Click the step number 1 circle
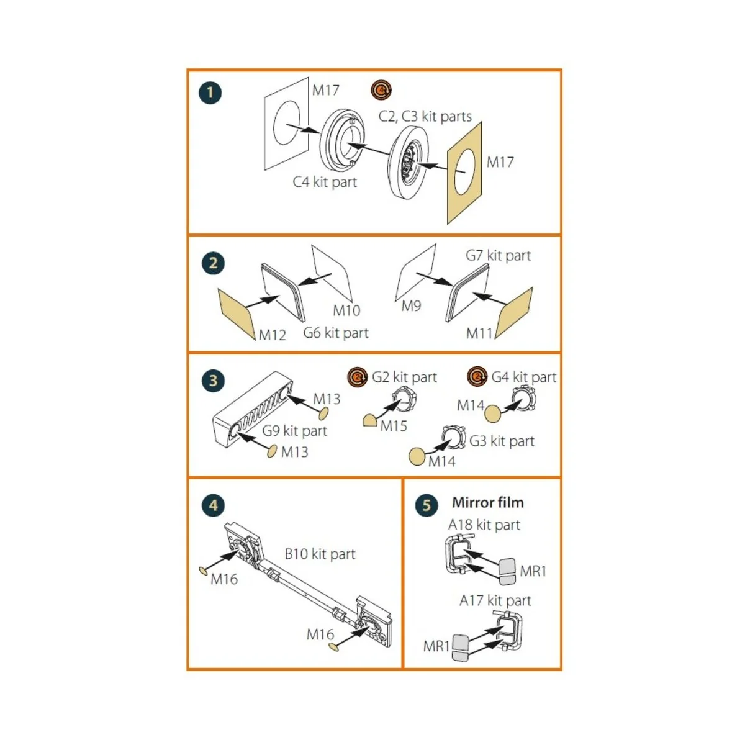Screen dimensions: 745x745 210,93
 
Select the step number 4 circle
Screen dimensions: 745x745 213,505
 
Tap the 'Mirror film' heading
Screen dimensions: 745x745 488,503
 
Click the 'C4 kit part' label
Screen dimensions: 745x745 325,182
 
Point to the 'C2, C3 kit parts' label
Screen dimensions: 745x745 425,116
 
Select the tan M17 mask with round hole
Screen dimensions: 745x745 465,173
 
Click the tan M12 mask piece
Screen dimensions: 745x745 237,314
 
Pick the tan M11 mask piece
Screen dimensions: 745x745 514,313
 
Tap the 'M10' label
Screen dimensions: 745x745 346,310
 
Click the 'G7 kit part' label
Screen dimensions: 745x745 499,256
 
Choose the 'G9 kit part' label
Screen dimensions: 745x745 295,431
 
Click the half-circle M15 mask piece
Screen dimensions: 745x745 369,420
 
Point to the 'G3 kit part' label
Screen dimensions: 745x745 502,441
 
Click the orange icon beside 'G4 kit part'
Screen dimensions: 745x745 477,377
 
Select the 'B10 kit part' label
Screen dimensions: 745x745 320,554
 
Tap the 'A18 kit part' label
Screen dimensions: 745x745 484,525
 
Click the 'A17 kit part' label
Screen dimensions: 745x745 495,601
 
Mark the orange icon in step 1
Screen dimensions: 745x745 382,90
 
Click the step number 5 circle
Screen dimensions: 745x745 427,505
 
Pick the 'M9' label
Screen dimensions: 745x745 411,306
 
